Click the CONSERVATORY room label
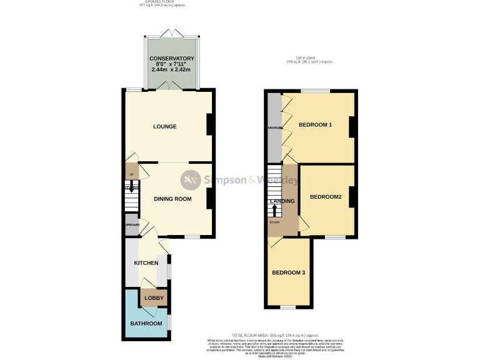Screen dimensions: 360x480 [x=172, y=59]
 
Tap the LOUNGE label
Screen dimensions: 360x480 [x=165, y=127]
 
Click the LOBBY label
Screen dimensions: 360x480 [x=154, y=298]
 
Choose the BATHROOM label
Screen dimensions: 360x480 [x=146, y=324]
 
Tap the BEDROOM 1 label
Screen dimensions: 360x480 [x=315, y=125]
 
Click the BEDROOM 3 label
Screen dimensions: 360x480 [x=288, y=272]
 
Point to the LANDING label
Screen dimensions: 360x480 [x=281, y=201]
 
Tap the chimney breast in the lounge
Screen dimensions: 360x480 [x=211, y=124]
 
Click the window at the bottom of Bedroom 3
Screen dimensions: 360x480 [x=287, y=307]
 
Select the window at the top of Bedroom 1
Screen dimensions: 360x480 [x=319, y=91]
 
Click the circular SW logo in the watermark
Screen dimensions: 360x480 [x=191, y=181]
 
